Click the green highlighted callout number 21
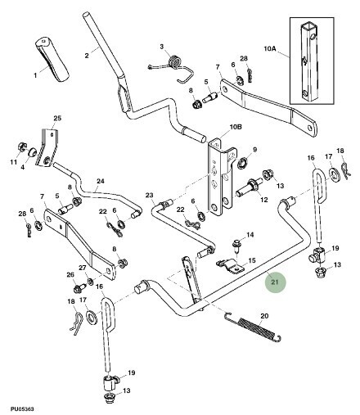(275, 282)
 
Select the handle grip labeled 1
(52, 60)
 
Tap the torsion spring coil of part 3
(173, 61)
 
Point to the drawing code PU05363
(22, 409)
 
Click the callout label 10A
(270, 49)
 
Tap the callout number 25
(57, 118)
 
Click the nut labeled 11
(21, 147)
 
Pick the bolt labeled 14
(236, 244)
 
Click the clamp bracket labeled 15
(230, 266)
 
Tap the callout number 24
(101, 181)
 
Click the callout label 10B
(236, 127)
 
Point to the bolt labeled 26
(79, 288)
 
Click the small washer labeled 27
(90, 281)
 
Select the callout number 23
(150, 195)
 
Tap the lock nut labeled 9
(242, 165)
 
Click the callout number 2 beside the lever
(87, 56)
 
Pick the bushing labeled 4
(33, 151)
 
